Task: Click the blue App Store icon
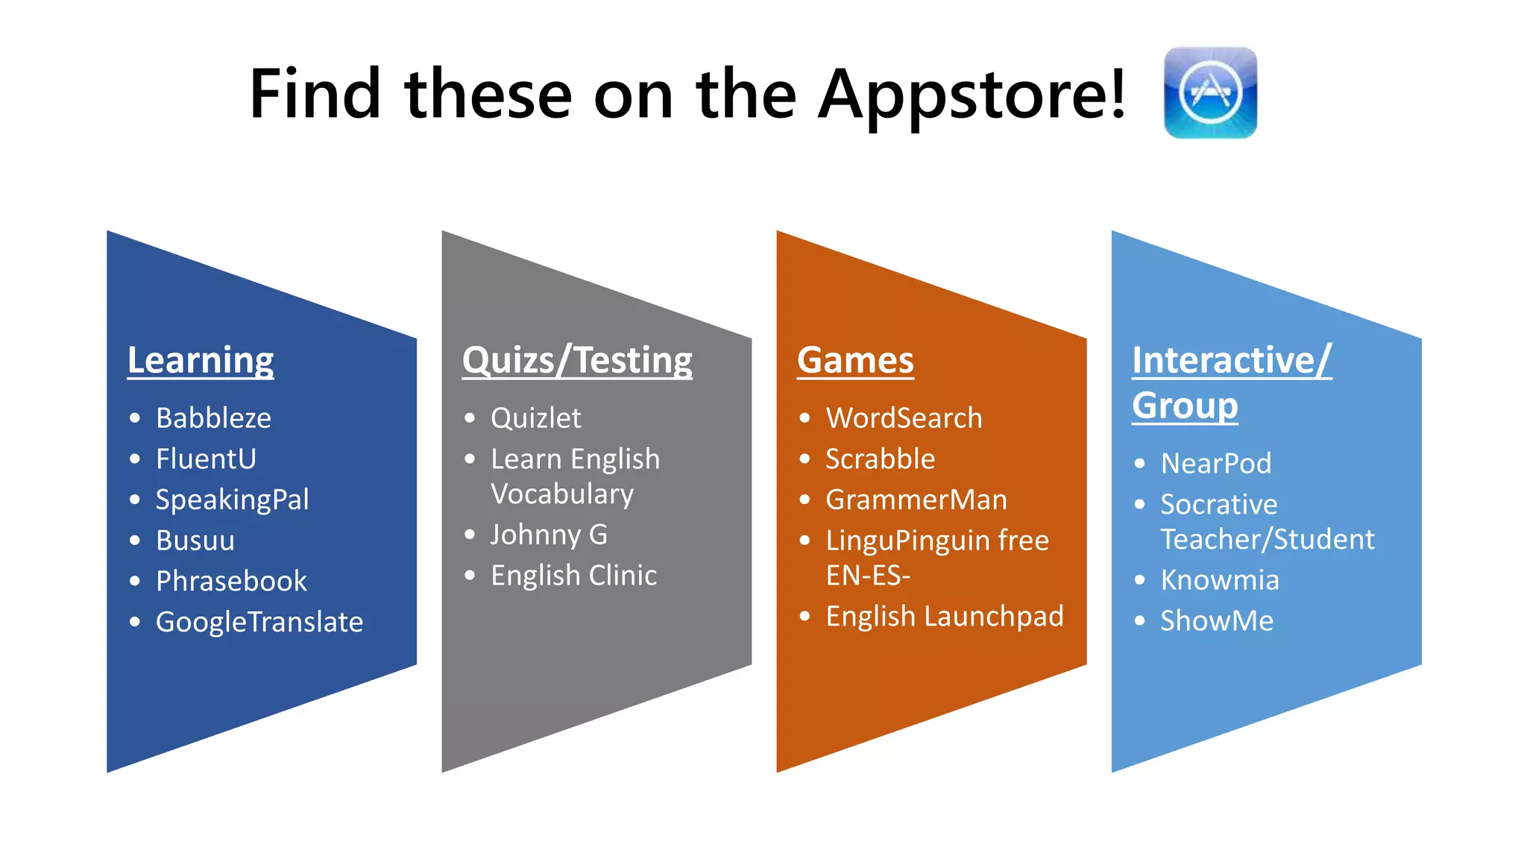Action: [x=1210, y=92]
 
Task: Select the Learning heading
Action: [x=201, y=361]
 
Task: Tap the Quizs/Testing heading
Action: [x=577, y=361]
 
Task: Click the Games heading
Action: [x=855, y=361]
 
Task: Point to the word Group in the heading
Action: [x=1185, y=406]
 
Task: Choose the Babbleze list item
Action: [x=213, y=418]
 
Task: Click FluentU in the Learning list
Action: [x=206, y=459]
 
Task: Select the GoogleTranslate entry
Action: [x=259, y=622]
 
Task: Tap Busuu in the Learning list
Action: [x=195, y=541]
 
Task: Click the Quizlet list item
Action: [x=535, y=418]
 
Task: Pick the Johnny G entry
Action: [x=549, y=535]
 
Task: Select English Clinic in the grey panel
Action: [x=573, y=576]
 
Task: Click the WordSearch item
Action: [x=904, y=418]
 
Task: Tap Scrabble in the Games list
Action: [x=880, y=459]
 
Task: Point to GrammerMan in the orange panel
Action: [x=916, y=500]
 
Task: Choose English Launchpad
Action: [x=944, y=617]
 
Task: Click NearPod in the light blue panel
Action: [x=1215, y=464]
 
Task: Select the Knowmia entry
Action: [x=1220, y=580]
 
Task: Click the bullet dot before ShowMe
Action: [x=1139, y=620]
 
